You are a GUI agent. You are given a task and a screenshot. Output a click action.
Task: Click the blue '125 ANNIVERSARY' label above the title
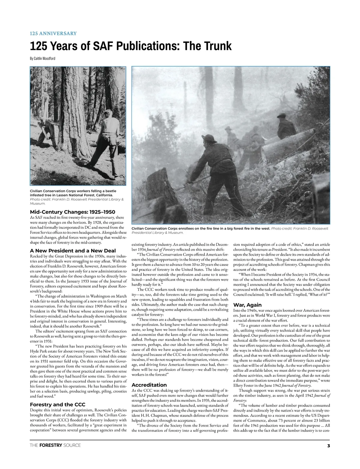(x=53, y=33)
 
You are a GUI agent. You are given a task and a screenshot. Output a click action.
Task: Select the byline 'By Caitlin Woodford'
(x=43, y=58)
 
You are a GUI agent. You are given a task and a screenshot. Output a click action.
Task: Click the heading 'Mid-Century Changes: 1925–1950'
(x=72, y=212)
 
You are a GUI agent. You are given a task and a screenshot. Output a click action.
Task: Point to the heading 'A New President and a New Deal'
(x=73, y=250)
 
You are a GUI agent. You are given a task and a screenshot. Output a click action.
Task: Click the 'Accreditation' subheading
(x=149, y=385)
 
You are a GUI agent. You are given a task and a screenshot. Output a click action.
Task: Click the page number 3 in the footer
(x=328, y=446)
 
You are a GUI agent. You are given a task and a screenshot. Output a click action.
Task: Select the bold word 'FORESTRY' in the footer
(x=51, y=445)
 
